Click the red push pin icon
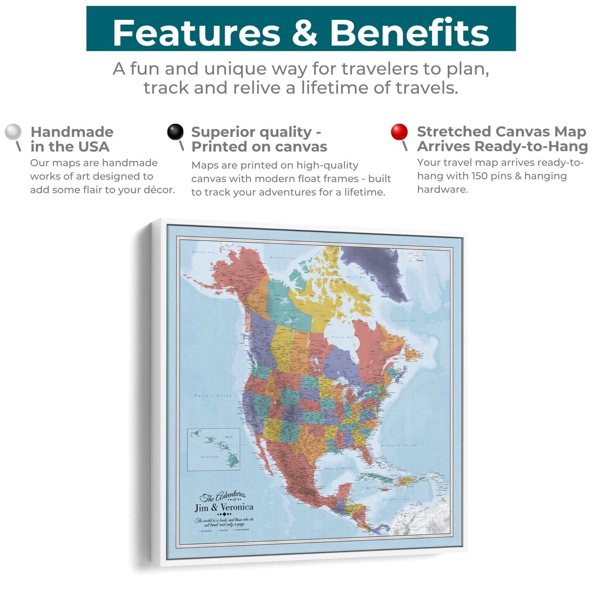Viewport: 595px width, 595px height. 399,132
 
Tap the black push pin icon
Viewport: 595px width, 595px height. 175,132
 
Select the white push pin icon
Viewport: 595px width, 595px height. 13,132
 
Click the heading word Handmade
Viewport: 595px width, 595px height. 72,132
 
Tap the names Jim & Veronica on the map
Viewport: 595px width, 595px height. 224,507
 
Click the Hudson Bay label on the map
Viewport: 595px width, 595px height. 342,337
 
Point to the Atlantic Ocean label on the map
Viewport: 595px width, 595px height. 399,446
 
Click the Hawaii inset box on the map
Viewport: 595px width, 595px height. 213,449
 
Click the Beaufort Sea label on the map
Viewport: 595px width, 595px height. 282,258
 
